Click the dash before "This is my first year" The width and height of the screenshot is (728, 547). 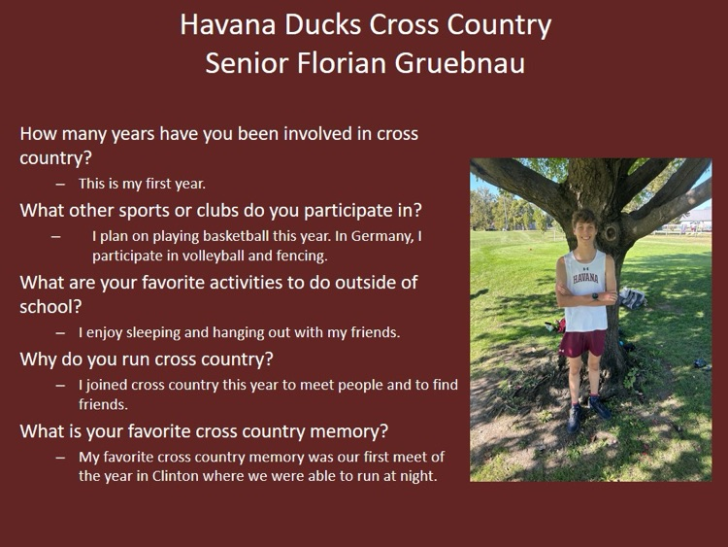tap(60, 183)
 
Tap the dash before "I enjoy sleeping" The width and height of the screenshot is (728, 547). tap(60, 332)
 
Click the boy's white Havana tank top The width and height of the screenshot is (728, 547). tap(586, 287)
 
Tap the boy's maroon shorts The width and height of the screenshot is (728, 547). tap(583, 343)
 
